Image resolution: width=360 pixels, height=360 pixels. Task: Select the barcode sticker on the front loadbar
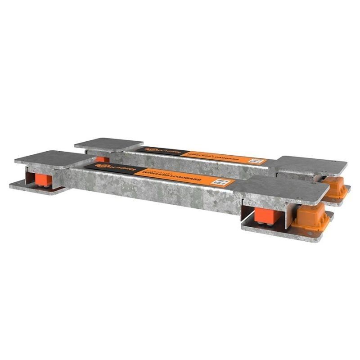(x=220, y=181)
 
